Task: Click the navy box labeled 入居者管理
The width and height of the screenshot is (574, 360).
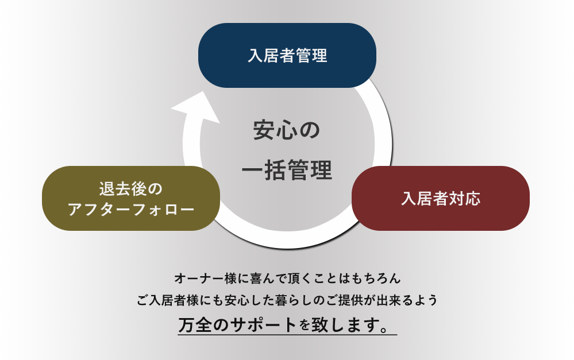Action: (287, 55)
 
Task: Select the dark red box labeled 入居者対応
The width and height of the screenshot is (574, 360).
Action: (440, 198)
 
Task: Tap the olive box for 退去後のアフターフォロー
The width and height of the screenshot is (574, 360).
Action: (131, 198)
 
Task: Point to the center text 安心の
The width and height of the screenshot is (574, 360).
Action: (287, 130)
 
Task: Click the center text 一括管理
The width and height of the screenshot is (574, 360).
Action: (287, 170)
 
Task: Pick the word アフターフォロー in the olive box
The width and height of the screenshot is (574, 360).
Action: (131, 210)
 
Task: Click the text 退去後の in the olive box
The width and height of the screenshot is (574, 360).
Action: (130, 189)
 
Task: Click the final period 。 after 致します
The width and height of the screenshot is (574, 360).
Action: (384, 328)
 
